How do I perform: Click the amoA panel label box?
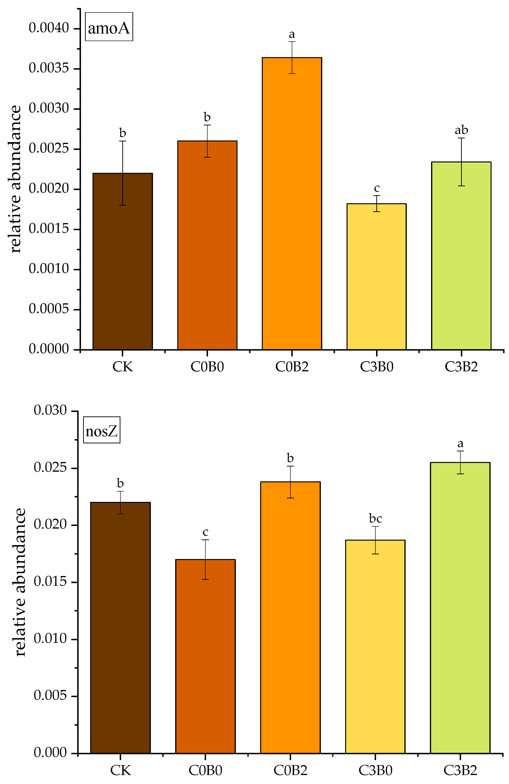[x=109, y=27]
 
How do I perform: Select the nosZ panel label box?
[x=102, y=430]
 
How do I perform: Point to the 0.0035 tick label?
[x=49, y=68]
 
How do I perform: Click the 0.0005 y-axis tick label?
[x=49, y=309]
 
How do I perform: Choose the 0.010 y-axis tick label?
[x=51, y=638]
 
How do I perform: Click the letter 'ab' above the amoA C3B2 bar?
[x=461, y=130]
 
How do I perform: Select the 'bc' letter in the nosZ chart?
[x=375, y=518]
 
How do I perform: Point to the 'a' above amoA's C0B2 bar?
[x=292, y=34]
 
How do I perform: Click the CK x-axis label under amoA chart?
[x=123, y=367]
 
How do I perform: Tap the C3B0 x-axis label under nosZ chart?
[x=375, y=770]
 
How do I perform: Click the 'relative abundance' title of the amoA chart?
[x=16, y=179]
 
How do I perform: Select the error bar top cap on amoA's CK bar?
[x=123, y=141]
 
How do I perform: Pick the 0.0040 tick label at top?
[x=49, y=28]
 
